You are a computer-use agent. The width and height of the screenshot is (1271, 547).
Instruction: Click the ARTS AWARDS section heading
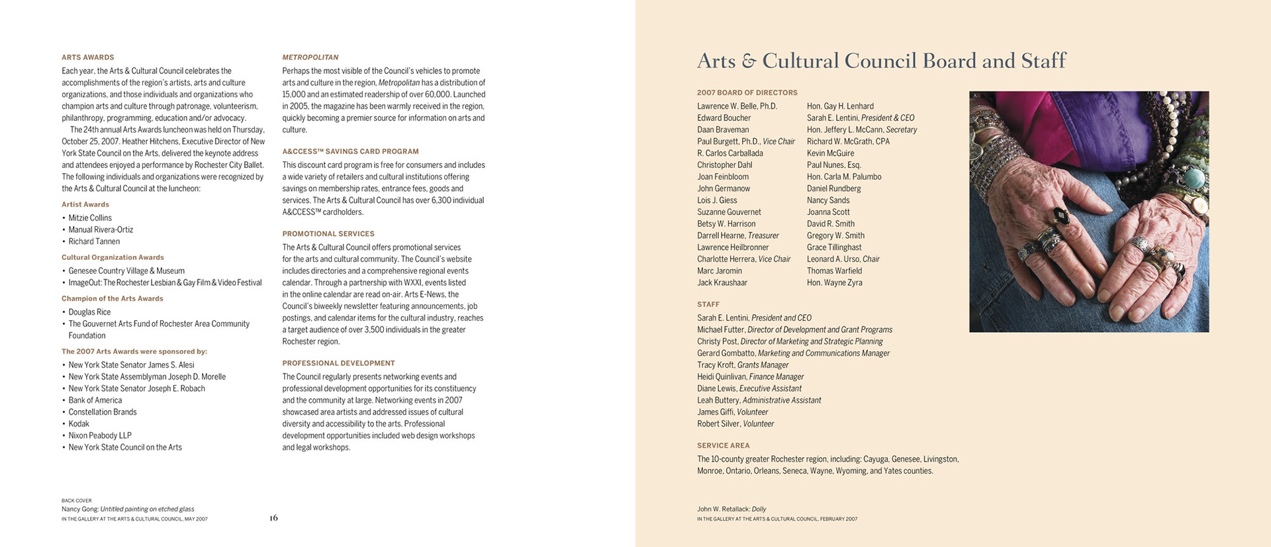(87, 58)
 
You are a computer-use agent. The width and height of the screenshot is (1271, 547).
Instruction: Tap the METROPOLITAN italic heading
(310, 58)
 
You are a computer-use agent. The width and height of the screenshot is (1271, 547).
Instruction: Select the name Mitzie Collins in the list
(90, 218)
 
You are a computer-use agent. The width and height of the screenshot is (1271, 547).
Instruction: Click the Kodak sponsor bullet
(79, 424)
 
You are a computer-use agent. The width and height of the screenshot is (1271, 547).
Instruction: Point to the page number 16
(273, 518)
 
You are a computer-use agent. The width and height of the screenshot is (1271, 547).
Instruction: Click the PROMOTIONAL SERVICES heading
(328, 234)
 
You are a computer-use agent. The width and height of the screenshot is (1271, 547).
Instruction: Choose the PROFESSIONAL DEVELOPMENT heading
(338, 363)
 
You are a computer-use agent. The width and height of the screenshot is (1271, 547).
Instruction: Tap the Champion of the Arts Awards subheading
(113, 299)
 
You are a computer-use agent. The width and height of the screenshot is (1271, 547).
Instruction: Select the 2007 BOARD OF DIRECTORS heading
(747, 93)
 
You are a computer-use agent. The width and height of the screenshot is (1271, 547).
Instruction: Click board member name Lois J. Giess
(717, 200)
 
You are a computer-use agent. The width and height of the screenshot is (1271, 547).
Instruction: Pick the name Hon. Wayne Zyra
(834, 283)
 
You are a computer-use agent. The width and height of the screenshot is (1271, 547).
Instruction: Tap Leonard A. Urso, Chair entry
(843, 259)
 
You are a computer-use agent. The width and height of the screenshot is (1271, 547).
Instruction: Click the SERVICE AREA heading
(723, 446)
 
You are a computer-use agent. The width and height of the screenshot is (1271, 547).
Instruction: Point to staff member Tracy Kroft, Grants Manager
(743, 365)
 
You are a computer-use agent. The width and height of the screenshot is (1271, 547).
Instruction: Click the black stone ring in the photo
(1060, 216)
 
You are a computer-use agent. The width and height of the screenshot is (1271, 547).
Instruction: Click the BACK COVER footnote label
(76, 501)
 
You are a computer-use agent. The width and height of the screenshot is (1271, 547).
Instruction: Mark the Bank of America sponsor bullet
(95, 400)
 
